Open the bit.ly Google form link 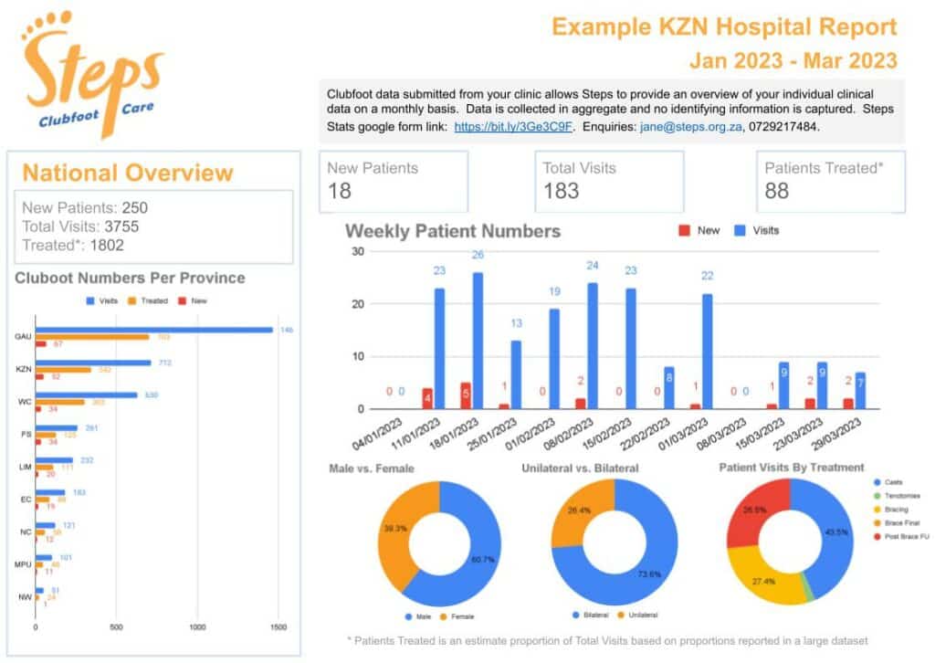click(513, 126)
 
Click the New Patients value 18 click(341, 190)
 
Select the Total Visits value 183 click(562, 190)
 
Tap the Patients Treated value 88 click(778, 190)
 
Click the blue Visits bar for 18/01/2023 click(478, 341)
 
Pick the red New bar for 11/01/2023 click(427, 398)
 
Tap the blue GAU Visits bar click(154, 330)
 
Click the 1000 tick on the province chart click(197, 627)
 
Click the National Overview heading click(128, 173)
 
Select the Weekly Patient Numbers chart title click(452, 230)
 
